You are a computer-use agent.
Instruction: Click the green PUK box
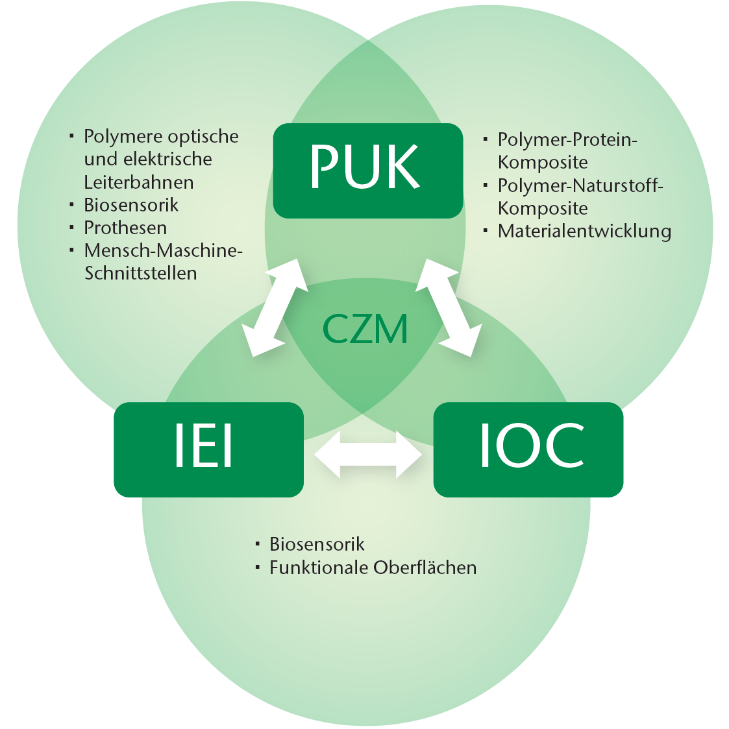tap(367, 170)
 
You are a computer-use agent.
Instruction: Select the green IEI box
tap(208, 449)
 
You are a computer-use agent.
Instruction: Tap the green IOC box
tap(528, 449)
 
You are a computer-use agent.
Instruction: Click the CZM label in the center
tap(365, 329)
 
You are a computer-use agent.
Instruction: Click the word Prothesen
tap(125, 228)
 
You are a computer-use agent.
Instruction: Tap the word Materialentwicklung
tap(584, 231)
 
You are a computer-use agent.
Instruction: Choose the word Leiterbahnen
tap(139, 182)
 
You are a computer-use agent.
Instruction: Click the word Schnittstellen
tap(141, 273)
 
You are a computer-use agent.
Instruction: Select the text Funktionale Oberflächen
tap(373, 568)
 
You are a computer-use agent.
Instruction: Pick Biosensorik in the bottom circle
tap(317, 544)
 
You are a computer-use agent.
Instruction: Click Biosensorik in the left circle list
tap(131, 205)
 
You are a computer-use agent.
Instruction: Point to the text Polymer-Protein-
tap(567, 139)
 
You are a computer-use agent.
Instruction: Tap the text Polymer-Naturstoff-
tap(580, 185)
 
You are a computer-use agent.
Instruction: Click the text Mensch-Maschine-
tap(163, 250)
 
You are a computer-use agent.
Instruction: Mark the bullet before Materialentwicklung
tap(486, 230)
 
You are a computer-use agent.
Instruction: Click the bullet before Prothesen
tap(72, 227)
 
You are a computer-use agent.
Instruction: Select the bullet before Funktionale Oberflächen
tap(258, 567)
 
